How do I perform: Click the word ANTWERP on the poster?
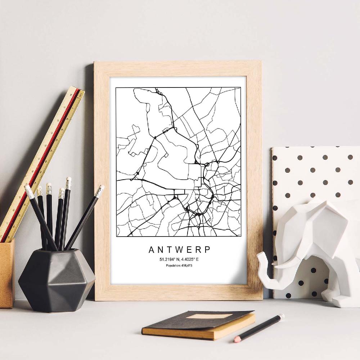pyautogui.click(x=179, y=249)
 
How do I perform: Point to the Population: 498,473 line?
pyautogui.click(x=179, y=266)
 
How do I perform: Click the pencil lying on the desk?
pyautogui.click(x=259, y=328)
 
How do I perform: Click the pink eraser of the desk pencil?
pyautogui.click(x=237, y=339)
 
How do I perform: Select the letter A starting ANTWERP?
pyautogui.click(x=150, y=249)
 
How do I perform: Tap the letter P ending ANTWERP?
pyautogui.click(x=208, y=249)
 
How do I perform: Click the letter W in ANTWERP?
pyautogui.click(x=179, y=249)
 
